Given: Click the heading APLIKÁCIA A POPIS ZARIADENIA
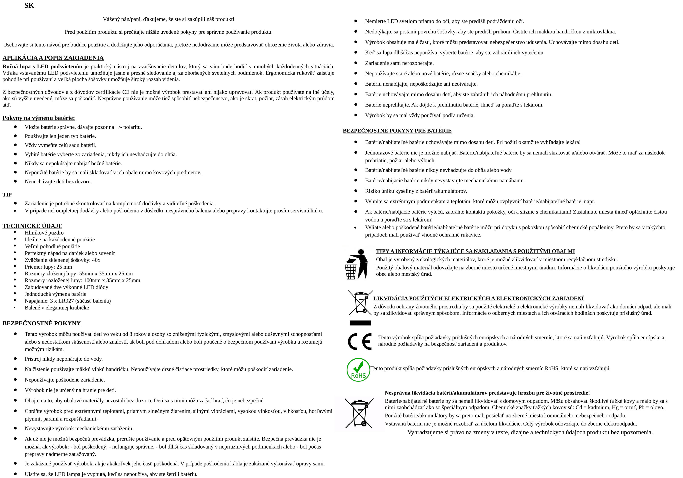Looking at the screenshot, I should [x=53, y=58].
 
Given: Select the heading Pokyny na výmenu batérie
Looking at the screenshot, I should [x=39, y=118].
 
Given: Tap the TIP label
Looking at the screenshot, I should [x=7, y=195].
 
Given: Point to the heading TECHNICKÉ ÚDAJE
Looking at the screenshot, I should [x=32, y=226].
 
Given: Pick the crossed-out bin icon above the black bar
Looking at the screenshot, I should [x=360, y=303].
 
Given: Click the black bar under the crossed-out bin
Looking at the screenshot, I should [x=360, y=323].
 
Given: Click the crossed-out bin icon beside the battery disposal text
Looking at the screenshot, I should [x=359, y=413].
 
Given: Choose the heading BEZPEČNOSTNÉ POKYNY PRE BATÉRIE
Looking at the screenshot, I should [x=397, y=131].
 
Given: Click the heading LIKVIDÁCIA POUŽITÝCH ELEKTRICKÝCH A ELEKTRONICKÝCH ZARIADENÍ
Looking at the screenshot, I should [x=478, y=298].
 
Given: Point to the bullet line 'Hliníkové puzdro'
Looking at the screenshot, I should [x=44, y=233].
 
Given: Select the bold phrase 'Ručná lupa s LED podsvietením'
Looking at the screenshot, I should [x=42, y=66].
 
